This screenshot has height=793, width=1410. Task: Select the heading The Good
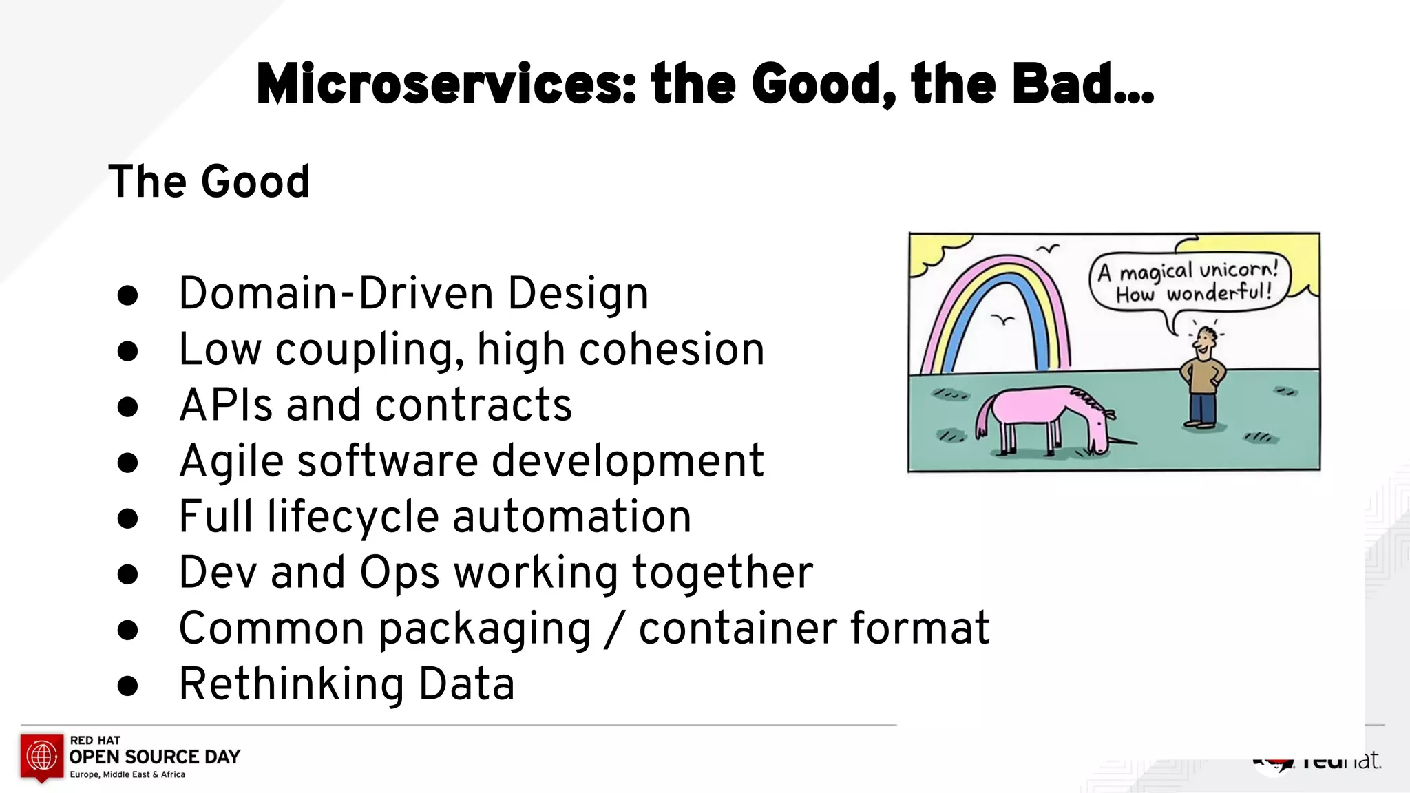pos(209,182)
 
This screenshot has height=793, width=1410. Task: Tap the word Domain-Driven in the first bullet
pos(336,294)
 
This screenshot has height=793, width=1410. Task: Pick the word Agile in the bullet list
pos(231,461)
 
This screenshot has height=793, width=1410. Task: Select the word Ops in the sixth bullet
pos(399,573)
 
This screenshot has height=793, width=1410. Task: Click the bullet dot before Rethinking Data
pos(128,685)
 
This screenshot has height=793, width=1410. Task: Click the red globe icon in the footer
pos(41,756)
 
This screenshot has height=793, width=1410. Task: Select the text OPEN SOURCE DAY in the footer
pos(155,757)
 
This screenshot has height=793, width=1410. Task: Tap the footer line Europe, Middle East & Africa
pos(127,775)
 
